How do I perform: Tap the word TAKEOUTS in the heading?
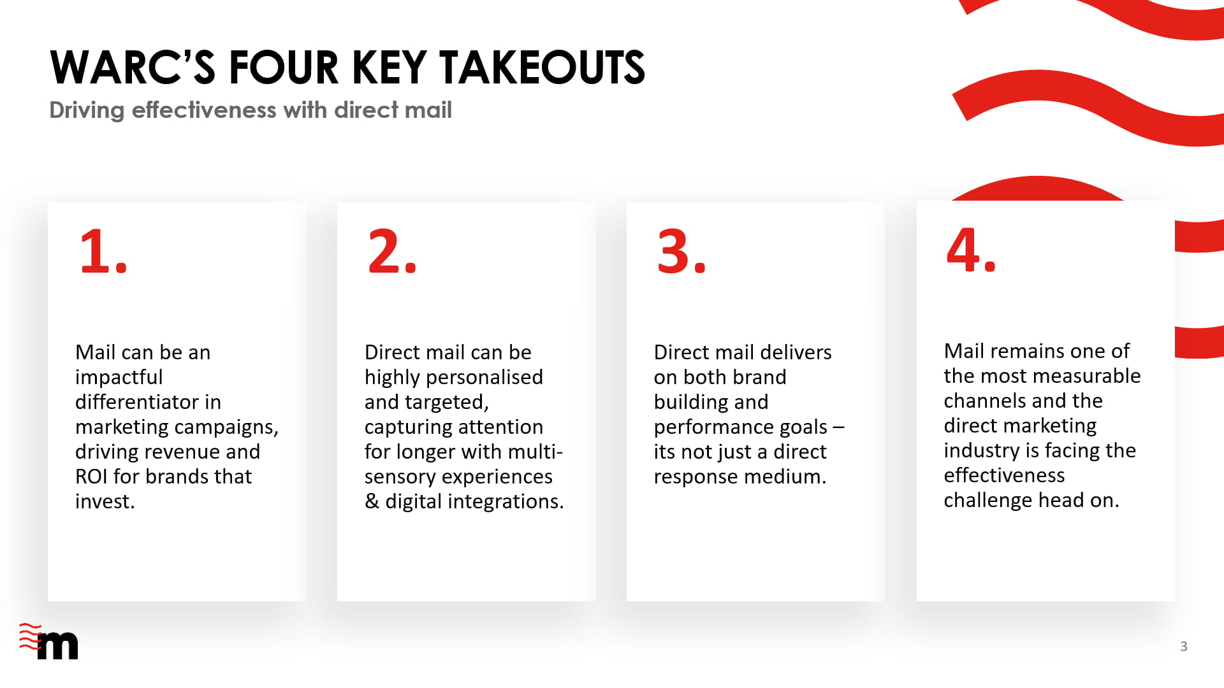point(542,68)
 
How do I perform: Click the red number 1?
point(103,251)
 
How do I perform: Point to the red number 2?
point(392,251)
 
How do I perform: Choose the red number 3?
point(681,251)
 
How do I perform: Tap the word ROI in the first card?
point(91,477)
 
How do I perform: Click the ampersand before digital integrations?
point(372,501)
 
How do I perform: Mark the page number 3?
point(1184,647)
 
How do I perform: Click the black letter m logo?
point(58,646)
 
